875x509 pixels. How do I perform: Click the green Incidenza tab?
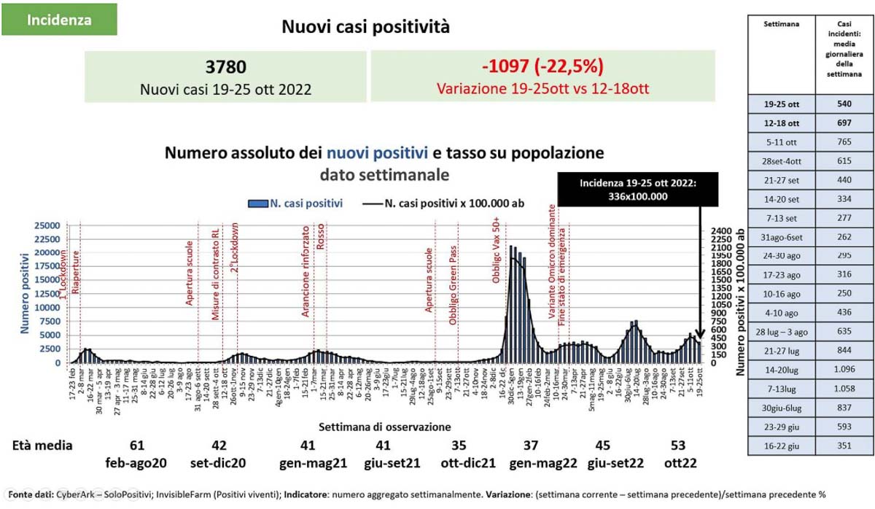coord(59,20)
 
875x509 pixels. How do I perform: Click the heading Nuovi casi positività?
coord(365,28)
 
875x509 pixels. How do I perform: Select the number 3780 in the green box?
coord(226,67)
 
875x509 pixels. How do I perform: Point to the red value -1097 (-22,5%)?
coord(542,67)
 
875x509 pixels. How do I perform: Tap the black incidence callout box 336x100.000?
coord(637,190)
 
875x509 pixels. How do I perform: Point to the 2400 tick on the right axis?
coord(720,230)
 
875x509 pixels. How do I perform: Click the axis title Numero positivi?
coord(24,290)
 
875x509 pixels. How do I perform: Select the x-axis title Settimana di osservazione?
coord(384,427)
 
